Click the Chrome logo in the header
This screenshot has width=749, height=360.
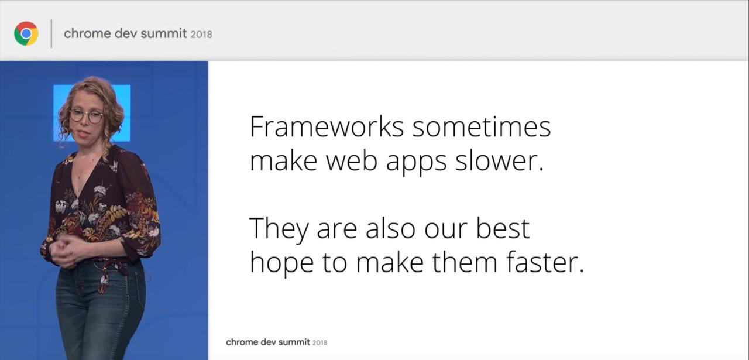coord(26,33)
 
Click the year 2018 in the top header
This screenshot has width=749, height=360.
coord(201,35)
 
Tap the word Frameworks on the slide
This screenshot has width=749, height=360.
coord(327,127)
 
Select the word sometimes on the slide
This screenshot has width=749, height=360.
coord(482,128)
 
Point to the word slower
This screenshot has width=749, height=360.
coord(499,161)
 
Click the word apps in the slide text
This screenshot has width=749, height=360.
coord(416,163)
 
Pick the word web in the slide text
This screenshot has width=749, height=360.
coord(352,161)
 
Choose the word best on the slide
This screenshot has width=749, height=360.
coord(503,228)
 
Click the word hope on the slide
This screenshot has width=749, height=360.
coord(282,264)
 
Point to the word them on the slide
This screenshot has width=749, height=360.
coord(465,262)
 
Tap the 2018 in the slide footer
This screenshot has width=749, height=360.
coord(319,342)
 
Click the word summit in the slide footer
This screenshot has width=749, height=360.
coord(294,342)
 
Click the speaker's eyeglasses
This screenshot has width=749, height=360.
coord(86,115)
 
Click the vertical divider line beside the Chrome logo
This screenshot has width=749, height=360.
coord(51,33)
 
